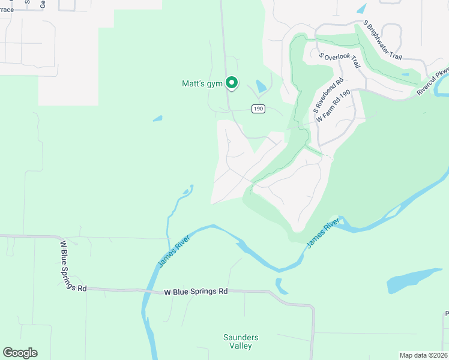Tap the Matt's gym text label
click(202, 84)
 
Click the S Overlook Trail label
click(339, 60)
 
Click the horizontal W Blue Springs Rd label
click(196, 292)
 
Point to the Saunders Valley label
click(241, 341)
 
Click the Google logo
click(20, 353)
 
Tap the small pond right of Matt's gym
click(261, 87)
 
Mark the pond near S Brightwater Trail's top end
click(361, 9)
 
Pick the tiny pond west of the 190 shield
click(157, 119)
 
